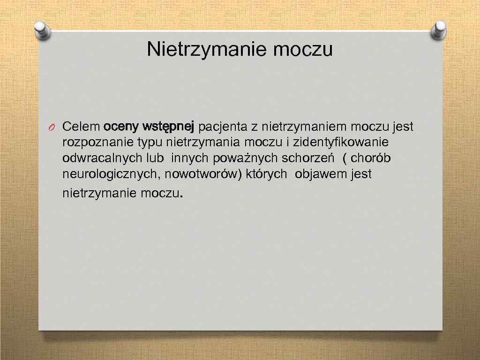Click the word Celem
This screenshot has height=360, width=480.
pos(81,127)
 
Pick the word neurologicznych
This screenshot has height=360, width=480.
pos(104,174)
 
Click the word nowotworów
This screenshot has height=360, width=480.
pos(202,174)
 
